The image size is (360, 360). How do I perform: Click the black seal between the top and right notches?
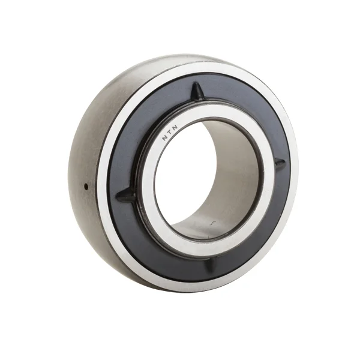252,114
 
